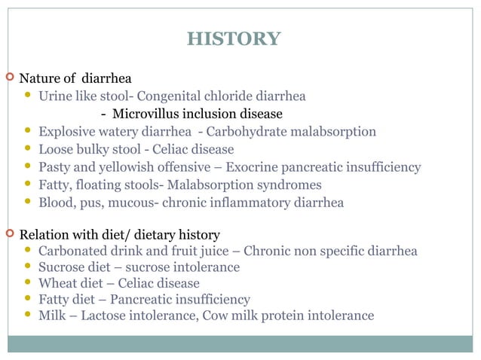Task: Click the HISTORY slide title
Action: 233,39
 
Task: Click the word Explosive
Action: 68,132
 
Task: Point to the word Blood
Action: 55,202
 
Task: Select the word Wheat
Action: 57,283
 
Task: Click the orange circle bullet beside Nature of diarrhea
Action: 9,78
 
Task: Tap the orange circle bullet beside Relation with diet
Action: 9,233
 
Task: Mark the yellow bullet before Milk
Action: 29,315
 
